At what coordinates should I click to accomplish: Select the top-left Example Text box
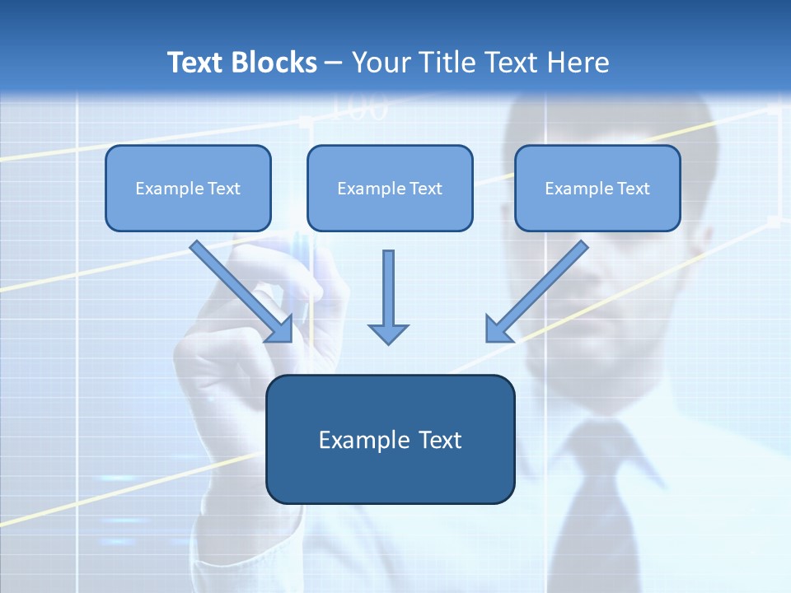pos(188,188)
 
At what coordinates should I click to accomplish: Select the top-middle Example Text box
pos(390,188)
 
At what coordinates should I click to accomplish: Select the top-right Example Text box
pos(597,188)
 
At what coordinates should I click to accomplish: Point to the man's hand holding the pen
pos(247,329)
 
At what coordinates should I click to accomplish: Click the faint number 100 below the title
pos(359,110)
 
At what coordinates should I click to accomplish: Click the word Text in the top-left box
pos(223,188)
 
